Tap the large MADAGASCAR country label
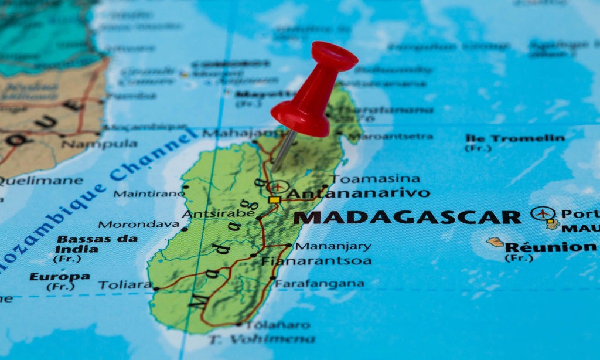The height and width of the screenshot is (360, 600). (407, 218)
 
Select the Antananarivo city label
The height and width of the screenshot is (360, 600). (359, 193)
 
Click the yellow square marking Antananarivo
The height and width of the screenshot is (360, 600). (274, 200)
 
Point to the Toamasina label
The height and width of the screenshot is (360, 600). (376, 179)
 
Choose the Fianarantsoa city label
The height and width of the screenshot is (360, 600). (316, 261)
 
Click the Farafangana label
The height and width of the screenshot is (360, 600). (319, 284)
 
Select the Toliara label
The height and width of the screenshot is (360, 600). (125, 286)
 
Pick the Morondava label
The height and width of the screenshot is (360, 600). (139, 224)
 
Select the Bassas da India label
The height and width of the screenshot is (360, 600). (97, 244)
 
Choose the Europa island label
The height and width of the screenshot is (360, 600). (60, 277)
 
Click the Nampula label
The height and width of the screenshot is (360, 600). (99, 144)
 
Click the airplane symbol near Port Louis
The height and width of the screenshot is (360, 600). (543, 213)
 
